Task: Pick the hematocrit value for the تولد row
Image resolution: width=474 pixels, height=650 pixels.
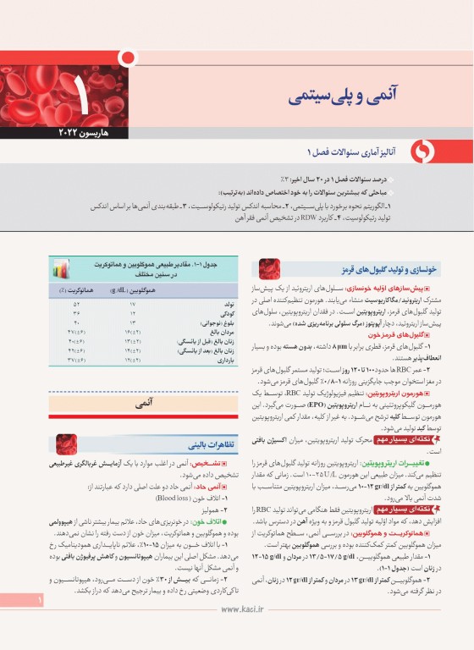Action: [x=75, y=304]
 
